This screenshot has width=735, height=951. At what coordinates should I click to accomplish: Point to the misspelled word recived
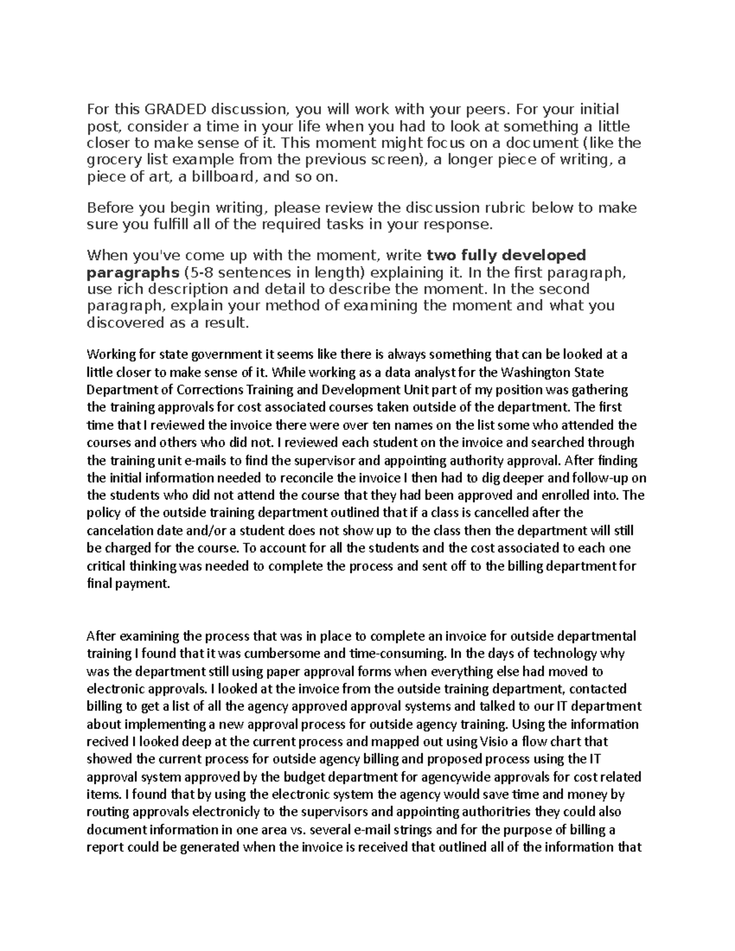pos(104,742)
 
